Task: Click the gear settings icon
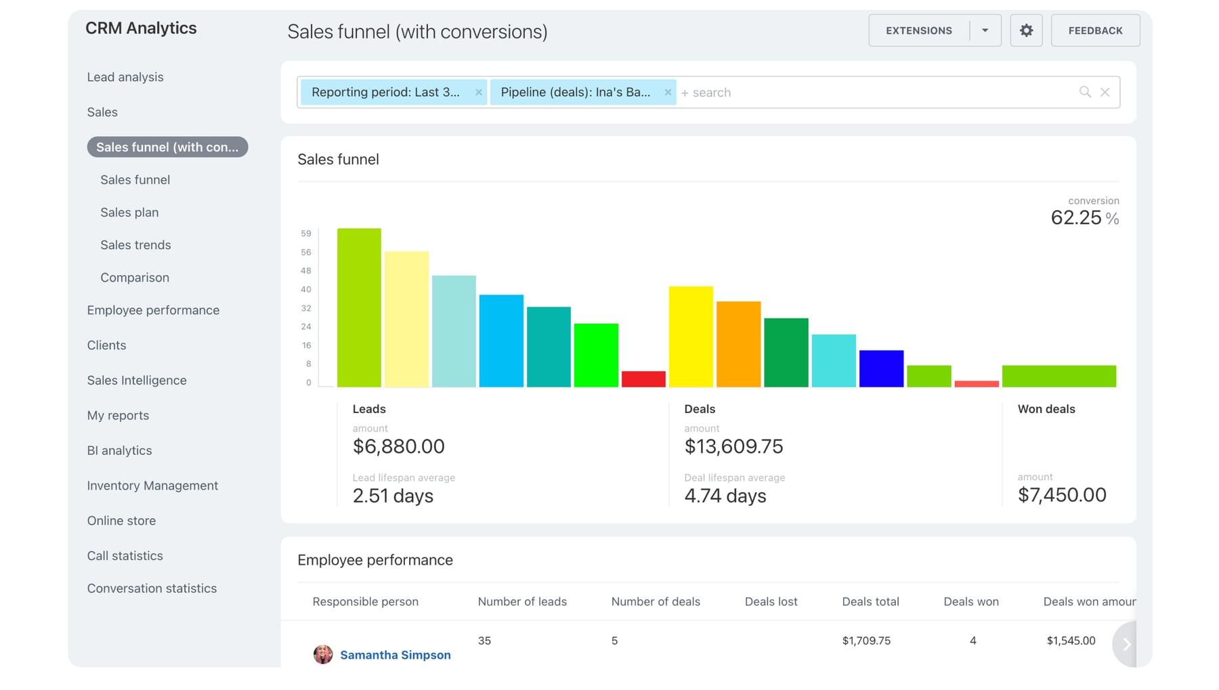pyautogui.click(x=1026, y=30)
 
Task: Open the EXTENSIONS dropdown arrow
pyautogui.click(x=985, y=30)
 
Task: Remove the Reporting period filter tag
pyautogui.click(x=479, y=92)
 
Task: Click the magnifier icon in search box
pyautogui.click(x=1085, y=92)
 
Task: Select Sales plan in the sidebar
pyautogui.click(x=129, y=212)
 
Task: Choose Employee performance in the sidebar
pyautogui.click(x=153, y=310)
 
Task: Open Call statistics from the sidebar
pyautogui.click(x=125, y=556)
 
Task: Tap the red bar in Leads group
pyautogui.click(x=643, y=379)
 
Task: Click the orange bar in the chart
pyautogui.click(x=738, y=344)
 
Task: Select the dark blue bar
pyautogui.click(x=881, y=368)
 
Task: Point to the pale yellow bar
pyautogui.click(x=406, y=319)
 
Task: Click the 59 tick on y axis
pyautogui.click(x=306, y=234)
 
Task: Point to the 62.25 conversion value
pyautogui.click(x=1076, y=218)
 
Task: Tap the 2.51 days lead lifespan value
pyautogui.click(x=393, y=496)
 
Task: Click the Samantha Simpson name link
pyautogui.click(x=395, y=655)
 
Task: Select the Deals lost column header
pyautogui.click(x=771, y=601)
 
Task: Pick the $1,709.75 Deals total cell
pyautogui.click(x=866, y=641)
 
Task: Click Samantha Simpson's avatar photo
pyautogui.click(x=323, y=654)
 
